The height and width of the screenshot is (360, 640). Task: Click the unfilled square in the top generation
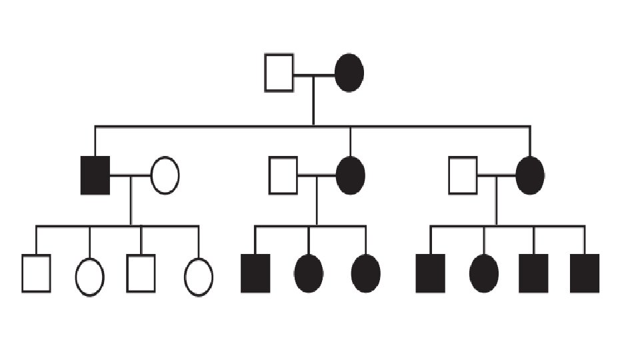279,73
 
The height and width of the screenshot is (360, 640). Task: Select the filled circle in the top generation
349,73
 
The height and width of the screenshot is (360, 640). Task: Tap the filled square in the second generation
95,175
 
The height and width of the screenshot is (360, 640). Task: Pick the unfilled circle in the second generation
165,175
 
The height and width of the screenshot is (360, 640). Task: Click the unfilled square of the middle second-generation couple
283,175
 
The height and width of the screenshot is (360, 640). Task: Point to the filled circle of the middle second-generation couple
351,175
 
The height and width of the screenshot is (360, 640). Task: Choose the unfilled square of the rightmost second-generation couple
463,175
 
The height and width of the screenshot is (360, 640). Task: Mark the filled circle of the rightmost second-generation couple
530,175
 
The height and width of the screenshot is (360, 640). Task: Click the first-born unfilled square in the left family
36,273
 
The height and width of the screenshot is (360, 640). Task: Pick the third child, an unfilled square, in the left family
141,273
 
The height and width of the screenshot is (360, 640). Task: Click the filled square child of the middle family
255,273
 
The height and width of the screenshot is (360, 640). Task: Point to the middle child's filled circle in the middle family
309,273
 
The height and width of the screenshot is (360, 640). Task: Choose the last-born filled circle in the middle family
366,273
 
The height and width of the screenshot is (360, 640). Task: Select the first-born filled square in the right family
430,273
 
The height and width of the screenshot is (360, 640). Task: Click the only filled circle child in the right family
484,273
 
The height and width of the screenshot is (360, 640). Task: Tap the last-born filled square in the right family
585,273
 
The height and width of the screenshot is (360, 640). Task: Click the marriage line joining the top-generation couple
314,75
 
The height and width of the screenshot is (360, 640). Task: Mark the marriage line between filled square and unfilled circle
130,176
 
